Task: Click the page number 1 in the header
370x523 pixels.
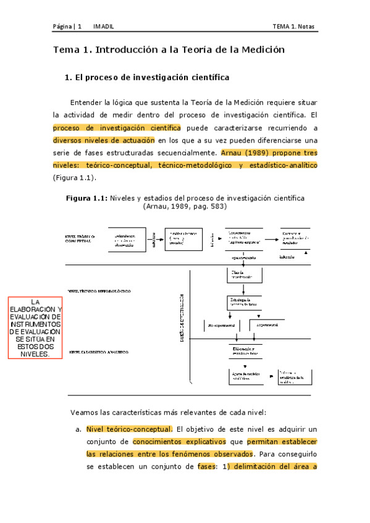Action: point(80,27)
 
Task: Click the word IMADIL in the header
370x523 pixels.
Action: point(101,27)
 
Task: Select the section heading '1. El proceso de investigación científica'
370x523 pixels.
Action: point(147,78)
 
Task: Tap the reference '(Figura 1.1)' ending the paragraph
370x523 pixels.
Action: point(73,178)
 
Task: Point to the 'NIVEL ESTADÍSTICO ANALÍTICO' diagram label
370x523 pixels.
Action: point(99,352)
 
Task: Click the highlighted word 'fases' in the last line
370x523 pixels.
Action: point(206,466)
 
